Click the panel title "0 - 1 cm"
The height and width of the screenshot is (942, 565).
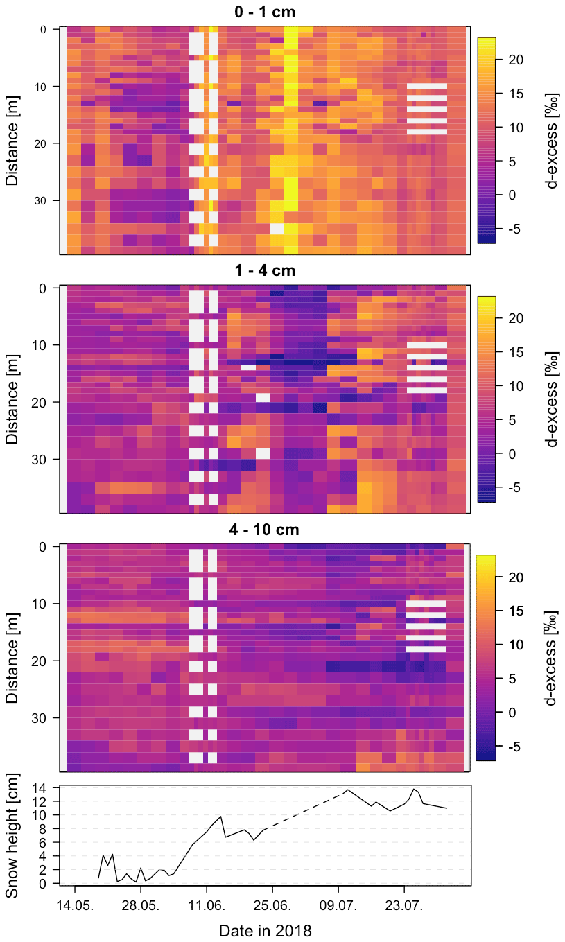click(x=266, y=12)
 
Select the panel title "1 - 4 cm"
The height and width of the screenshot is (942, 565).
click(x=266, y=270)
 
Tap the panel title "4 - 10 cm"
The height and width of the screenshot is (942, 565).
click(x=266, y=530)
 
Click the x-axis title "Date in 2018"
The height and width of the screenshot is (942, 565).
click(x=266, y=930)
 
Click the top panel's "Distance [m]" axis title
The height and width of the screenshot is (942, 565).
click(x=12, y=141)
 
